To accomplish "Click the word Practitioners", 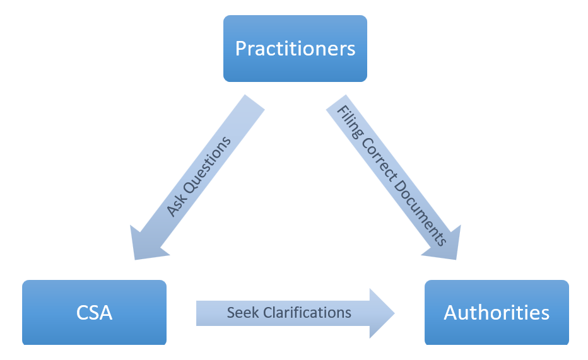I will pyautogui.click(x=295, y=49).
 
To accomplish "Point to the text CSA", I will pyautogui.click(x=94, y=312).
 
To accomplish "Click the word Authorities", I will pyautogui.click(x=497, y=312).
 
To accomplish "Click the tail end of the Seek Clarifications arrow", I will pyautogui.click(x=201, y=313).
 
